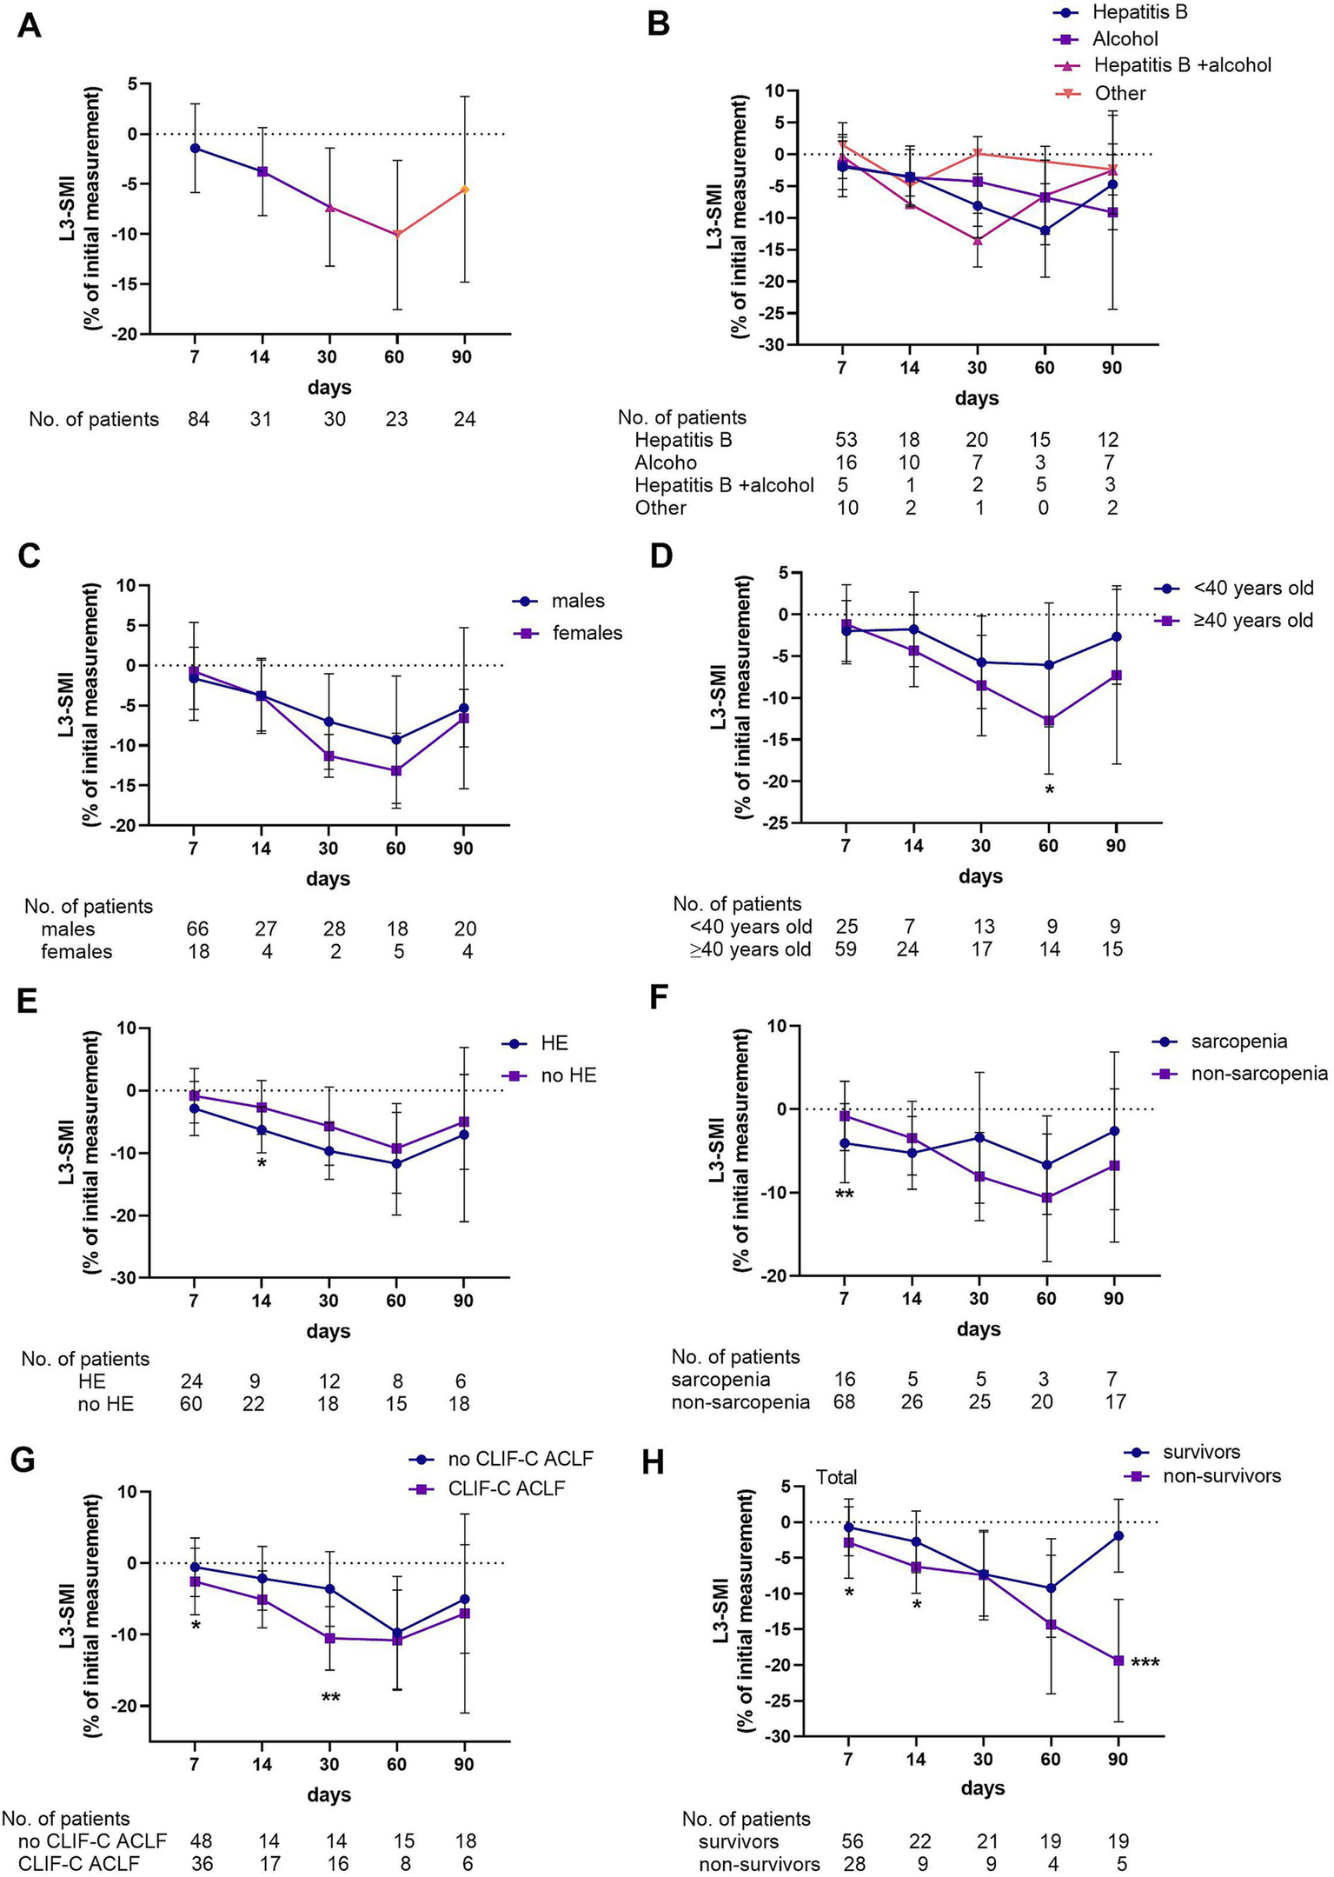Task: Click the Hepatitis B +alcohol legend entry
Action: [1181, 65]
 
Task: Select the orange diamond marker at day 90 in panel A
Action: [464, 190]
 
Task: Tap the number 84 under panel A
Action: [198, 419]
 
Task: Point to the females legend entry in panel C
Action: [587, 633]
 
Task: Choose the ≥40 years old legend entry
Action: [1252, 621]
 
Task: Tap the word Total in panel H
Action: [836, 1477]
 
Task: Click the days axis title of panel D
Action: [980, 876]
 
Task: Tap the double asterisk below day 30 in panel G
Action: [329, 1698]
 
